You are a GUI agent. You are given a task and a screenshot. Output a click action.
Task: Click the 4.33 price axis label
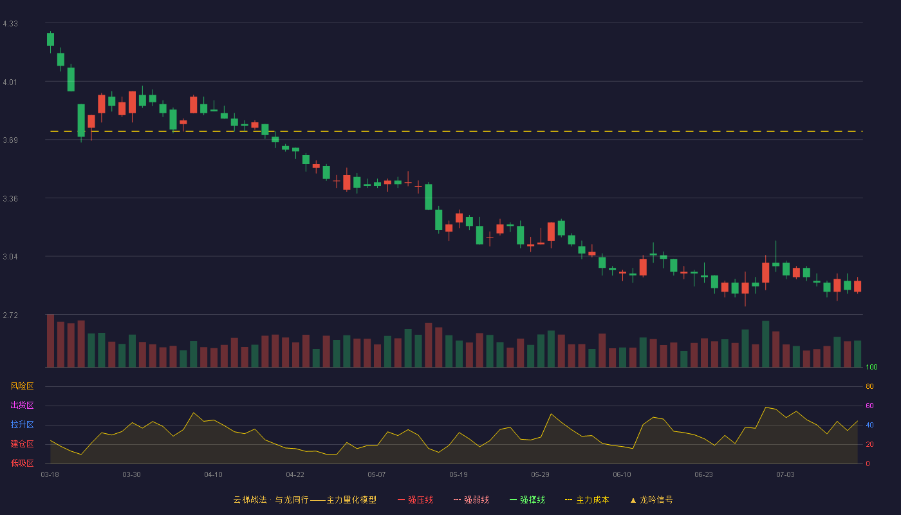(x=10, y=24)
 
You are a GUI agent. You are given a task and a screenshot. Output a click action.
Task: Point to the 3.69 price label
(x=10, y=140)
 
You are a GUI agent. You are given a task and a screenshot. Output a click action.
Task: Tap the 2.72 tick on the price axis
(x=10, y=315)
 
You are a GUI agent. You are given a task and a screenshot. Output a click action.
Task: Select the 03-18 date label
(x=50, y=474)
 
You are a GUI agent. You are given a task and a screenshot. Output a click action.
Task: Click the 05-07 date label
(x=376, y=474)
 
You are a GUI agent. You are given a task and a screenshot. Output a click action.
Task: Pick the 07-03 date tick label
(x=785, y=474)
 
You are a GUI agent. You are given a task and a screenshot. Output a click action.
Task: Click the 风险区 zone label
(x=22, y=386)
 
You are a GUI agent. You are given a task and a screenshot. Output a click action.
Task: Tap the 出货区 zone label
(x=22, y=405)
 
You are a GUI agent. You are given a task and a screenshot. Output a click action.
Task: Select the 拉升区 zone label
(x=22, y=424)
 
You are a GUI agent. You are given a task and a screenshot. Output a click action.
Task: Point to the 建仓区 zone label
(x=22, y=444)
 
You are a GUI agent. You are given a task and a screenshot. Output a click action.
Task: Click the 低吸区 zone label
(x=22, y=463)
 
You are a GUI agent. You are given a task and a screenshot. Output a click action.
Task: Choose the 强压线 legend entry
(x=415, y=500)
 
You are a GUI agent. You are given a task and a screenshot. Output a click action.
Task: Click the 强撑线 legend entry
(x=527, y=500)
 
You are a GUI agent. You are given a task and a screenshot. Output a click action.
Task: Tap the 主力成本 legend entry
(x=587, y=500)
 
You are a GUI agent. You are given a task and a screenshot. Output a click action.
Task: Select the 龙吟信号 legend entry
(x=651, y=500)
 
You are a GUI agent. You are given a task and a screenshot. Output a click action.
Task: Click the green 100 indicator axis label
(x=871, y=367)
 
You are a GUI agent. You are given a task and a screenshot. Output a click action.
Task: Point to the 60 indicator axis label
(x=869, y=406)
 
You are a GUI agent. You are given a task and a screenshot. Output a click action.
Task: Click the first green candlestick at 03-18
(x=50, y=39)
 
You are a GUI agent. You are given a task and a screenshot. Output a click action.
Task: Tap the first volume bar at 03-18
(x=50, y=341)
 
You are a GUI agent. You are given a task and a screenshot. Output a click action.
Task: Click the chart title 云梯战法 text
(x=250, y=500)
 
